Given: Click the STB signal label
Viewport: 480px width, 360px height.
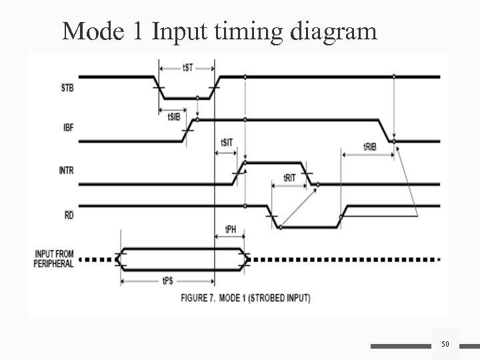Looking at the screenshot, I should [68, 87].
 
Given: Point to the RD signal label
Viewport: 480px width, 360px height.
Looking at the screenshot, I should [69, 215].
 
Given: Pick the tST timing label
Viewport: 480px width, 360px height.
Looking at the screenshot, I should [189, 67].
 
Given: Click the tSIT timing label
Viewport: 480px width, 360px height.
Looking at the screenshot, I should [227, 142].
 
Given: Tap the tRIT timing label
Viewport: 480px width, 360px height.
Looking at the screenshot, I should [290, 178].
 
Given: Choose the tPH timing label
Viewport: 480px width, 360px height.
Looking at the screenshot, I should [231, 229].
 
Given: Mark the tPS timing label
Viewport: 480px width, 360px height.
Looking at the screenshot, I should [168, 281].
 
